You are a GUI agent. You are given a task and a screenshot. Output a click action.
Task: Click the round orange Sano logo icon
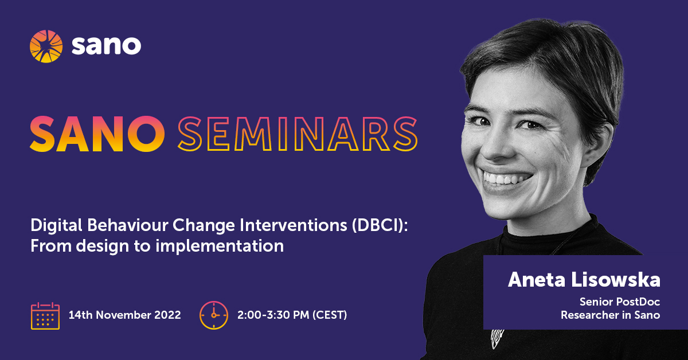(x=46, y=46)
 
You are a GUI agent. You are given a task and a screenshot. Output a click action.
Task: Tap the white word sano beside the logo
(x=106, y=46)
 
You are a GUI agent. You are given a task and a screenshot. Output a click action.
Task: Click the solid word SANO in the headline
(x=97, y=133)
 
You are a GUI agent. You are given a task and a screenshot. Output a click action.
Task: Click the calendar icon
(x=45, y=316)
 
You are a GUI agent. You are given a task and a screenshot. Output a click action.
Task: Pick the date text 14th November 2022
(x=124, y=315)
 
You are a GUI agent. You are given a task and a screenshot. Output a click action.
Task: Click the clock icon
(x=214, y=315)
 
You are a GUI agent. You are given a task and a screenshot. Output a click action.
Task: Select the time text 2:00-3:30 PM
(x=273, y=315)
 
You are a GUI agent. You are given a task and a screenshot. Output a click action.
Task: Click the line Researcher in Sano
(x=610, y=315)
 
